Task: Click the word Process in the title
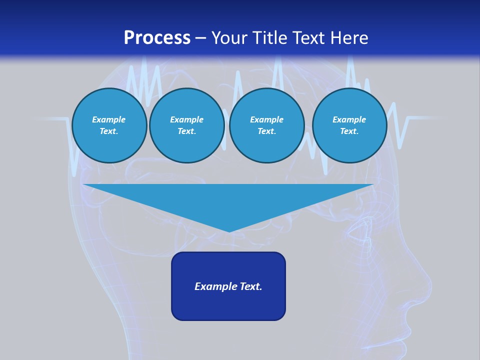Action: tap(157, 38)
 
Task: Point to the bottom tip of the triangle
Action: tap(229, 231)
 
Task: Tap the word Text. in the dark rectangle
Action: tap(251, 286)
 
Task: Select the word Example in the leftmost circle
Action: tap(109, 119)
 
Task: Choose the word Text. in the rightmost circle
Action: tap(349, 131)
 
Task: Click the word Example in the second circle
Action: tap(186, 119)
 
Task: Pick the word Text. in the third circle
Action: tap(266, 131)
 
